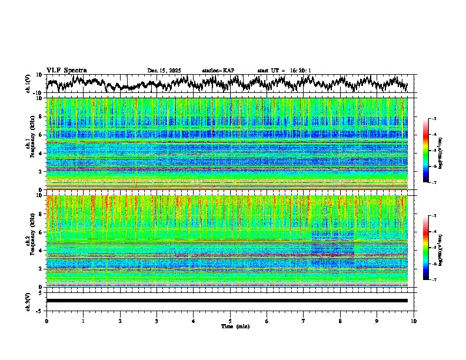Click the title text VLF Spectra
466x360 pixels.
(x=66, y=70)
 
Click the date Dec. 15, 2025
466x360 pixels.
(x=164, y=71)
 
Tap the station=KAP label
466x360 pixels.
(x=218, y=71)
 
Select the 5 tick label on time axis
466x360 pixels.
(x=230, y=321)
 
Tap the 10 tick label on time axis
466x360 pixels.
(x=414, y=321)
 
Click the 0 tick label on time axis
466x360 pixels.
(x=46, y=321)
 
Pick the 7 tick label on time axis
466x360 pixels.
(x=304, y=321)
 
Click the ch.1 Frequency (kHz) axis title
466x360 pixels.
(x=31, y=144)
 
